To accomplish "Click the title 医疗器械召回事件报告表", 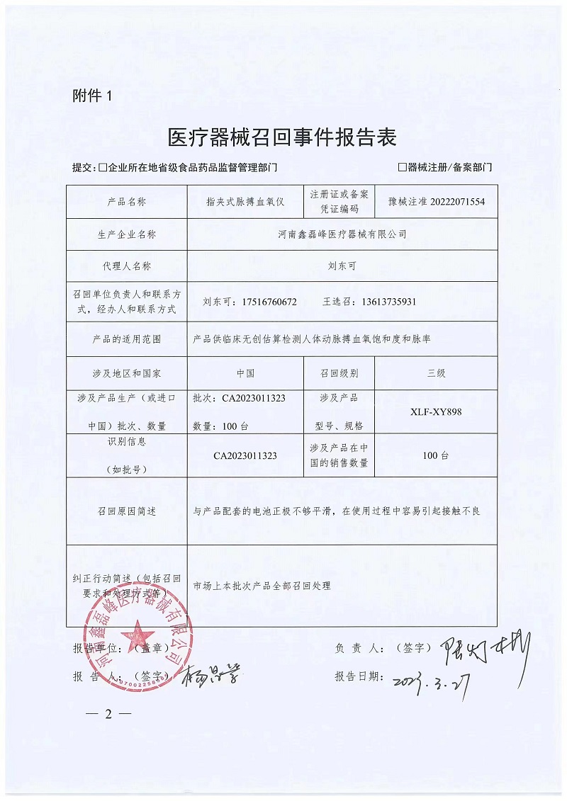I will [x=281, y=137].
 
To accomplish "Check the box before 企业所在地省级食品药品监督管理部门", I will [x=103, y=168].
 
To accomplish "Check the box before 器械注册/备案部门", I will [x=403, y=168].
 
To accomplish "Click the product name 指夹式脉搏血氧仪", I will [x=245, y=202].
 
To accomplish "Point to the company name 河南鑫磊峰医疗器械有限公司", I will [x=342, y=234].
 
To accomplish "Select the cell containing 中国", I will [x=245, y=373].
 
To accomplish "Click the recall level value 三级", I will [x=436, y=373].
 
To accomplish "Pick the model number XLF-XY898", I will [x=436, y=411].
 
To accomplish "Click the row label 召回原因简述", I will [x=127, y=511].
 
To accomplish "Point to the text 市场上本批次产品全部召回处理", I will [x=262, y=586].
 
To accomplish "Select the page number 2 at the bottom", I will [x=108, y=713].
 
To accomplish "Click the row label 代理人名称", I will [x=127, y=266].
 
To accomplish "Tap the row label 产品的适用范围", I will [x=127, y=339].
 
